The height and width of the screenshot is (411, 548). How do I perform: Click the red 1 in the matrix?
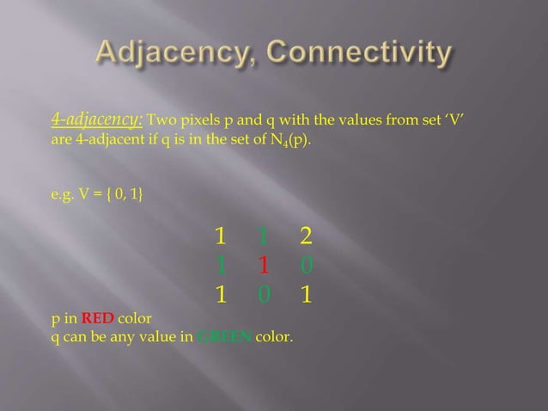(x=265, y=265)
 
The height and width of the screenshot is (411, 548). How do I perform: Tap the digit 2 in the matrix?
(x=306, y=236)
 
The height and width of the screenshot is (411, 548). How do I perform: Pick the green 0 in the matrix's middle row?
(x=307, y=265)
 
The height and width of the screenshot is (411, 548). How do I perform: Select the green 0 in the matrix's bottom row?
(x=265, y=295)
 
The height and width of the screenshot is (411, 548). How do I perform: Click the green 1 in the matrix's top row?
(x=265, y=236)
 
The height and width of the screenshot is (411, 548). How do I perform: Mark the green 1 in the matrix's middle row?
(x=222, y=265)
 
